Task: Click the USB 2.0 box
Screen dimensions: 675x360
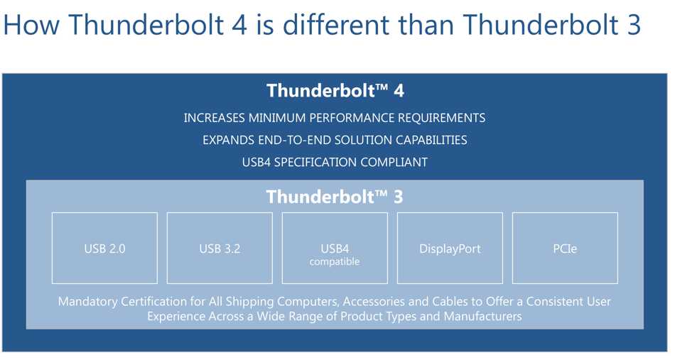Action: [104, 249]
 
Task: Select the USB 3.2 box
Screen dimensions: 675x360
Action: [220, 249]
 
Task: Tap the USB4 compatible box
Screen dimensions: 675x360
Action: [335, 249]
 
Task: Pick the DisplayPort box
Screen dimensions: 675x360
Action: [450, 249]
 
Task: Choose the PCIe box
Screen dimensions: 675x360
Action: [565, 249]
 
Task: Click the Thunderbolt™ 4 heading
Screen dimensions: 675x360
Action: [335, 91]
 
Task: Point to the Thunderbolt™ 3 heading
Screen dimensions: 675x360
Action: [335, 197]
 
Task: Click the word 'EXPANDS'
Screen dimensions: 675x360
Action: [228, 140]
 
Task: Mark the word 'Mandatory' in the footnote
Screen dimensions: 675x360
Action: [87, 302]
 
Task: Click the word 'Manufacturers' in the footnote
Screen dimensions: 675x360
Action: [482, 316]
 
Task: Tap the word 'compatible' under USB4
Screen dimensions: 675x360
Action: [335, 261]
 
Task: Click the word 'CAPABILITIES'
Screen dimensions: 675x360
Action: [431, 140]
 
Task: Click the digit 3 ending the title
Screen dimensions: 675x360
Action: [633, 25]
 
